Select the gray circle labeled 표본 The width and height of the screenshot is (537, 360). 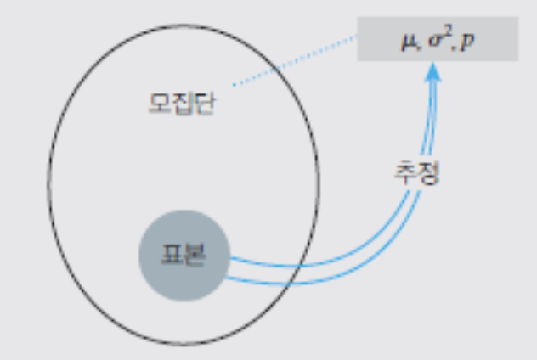[x=183, y=255]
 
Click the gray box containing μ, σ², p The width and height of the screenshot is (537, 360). [x=438, y=41]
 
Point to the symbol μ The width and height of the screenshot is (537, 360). [x=407, y=42]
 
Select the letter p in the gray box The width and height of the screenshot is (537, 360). [x=469, y=42]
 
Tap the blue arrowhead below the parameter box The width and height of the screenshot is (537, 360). [x=432, y=73]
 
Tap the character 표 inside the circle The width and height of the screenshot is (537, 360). [x=172, y=255]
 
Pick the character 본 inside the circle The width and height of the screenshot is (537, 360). [x=194, y=255]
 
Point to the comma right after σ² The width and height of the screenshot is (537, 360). [x=453, y=47]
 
